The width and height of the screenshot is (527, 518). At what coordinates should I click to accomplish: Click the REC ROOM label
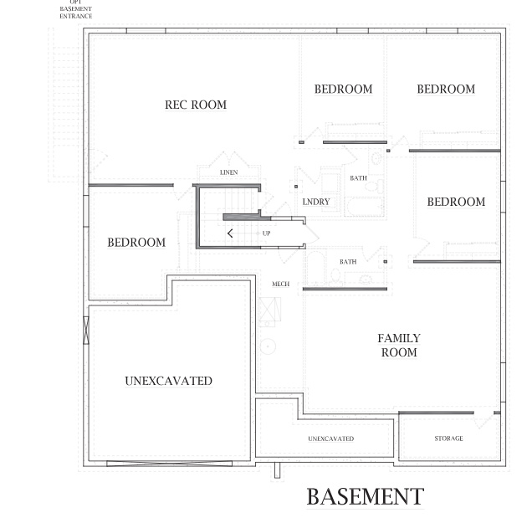[x=196, y=105]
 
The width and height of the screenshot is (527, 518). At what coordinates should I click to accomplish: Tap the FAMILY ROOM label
[x=398, y=346]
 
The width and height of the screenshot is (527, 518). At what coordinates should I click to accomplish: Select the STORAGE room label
[x=448, y=439]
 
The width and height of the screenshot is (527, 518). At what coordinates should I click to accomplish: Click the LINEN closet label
[x=228, y=172]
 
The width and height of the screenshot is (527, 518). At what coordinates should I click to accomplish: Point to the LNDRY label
[x=315, y=203]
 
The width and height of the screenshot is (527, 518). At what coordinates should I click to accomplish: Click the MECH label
[x=280, y=285]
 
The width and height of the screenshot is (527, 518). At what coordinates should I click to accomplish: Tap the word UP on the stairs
[x=266, y=233]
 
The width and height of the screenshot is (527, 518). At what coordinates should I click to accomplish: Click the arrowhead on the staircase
[x=230, y=233]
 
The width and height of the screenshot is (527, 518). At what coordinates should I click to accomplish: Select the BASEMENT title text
[x=365, y=496]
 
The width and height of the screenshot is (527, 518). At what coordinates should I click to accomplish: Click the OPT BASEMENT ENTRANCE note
[x=76, y=9]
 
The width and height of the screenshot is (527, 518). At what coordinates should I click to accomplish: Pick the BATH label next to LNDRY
[x=358, y=178]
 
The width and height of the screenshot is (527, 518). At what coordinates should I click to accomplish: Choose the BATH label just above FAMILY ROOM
[x=348, y=262]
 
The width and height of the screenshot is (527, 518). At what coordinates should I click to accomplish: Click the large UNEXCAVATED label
[x=168, y=381]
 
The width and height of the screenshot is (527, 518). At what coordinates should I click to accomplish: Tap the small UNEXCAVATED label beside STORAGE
[x=330, y=439]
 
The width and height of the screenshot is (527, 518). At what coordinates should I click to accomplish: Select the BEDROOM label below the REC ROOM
[x=136, y=243]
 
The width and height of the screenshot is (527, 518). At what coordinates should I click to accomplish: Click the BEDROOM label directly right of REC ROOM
[x=343, y=90]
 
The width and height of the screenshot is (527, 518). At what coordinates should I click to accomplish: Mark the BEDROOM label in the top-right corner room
[x=445, y=90]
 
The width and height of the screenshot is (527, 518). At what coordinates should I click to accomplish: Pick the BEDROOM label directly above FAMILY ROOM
[x=456, y=202]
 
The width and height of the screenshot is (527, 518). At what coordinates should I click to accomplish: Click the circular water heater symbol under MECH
[x=269, y=346]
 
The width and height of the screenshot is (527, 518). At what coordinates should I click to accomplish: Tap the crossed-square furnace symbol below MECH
[x=269, y=311]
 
